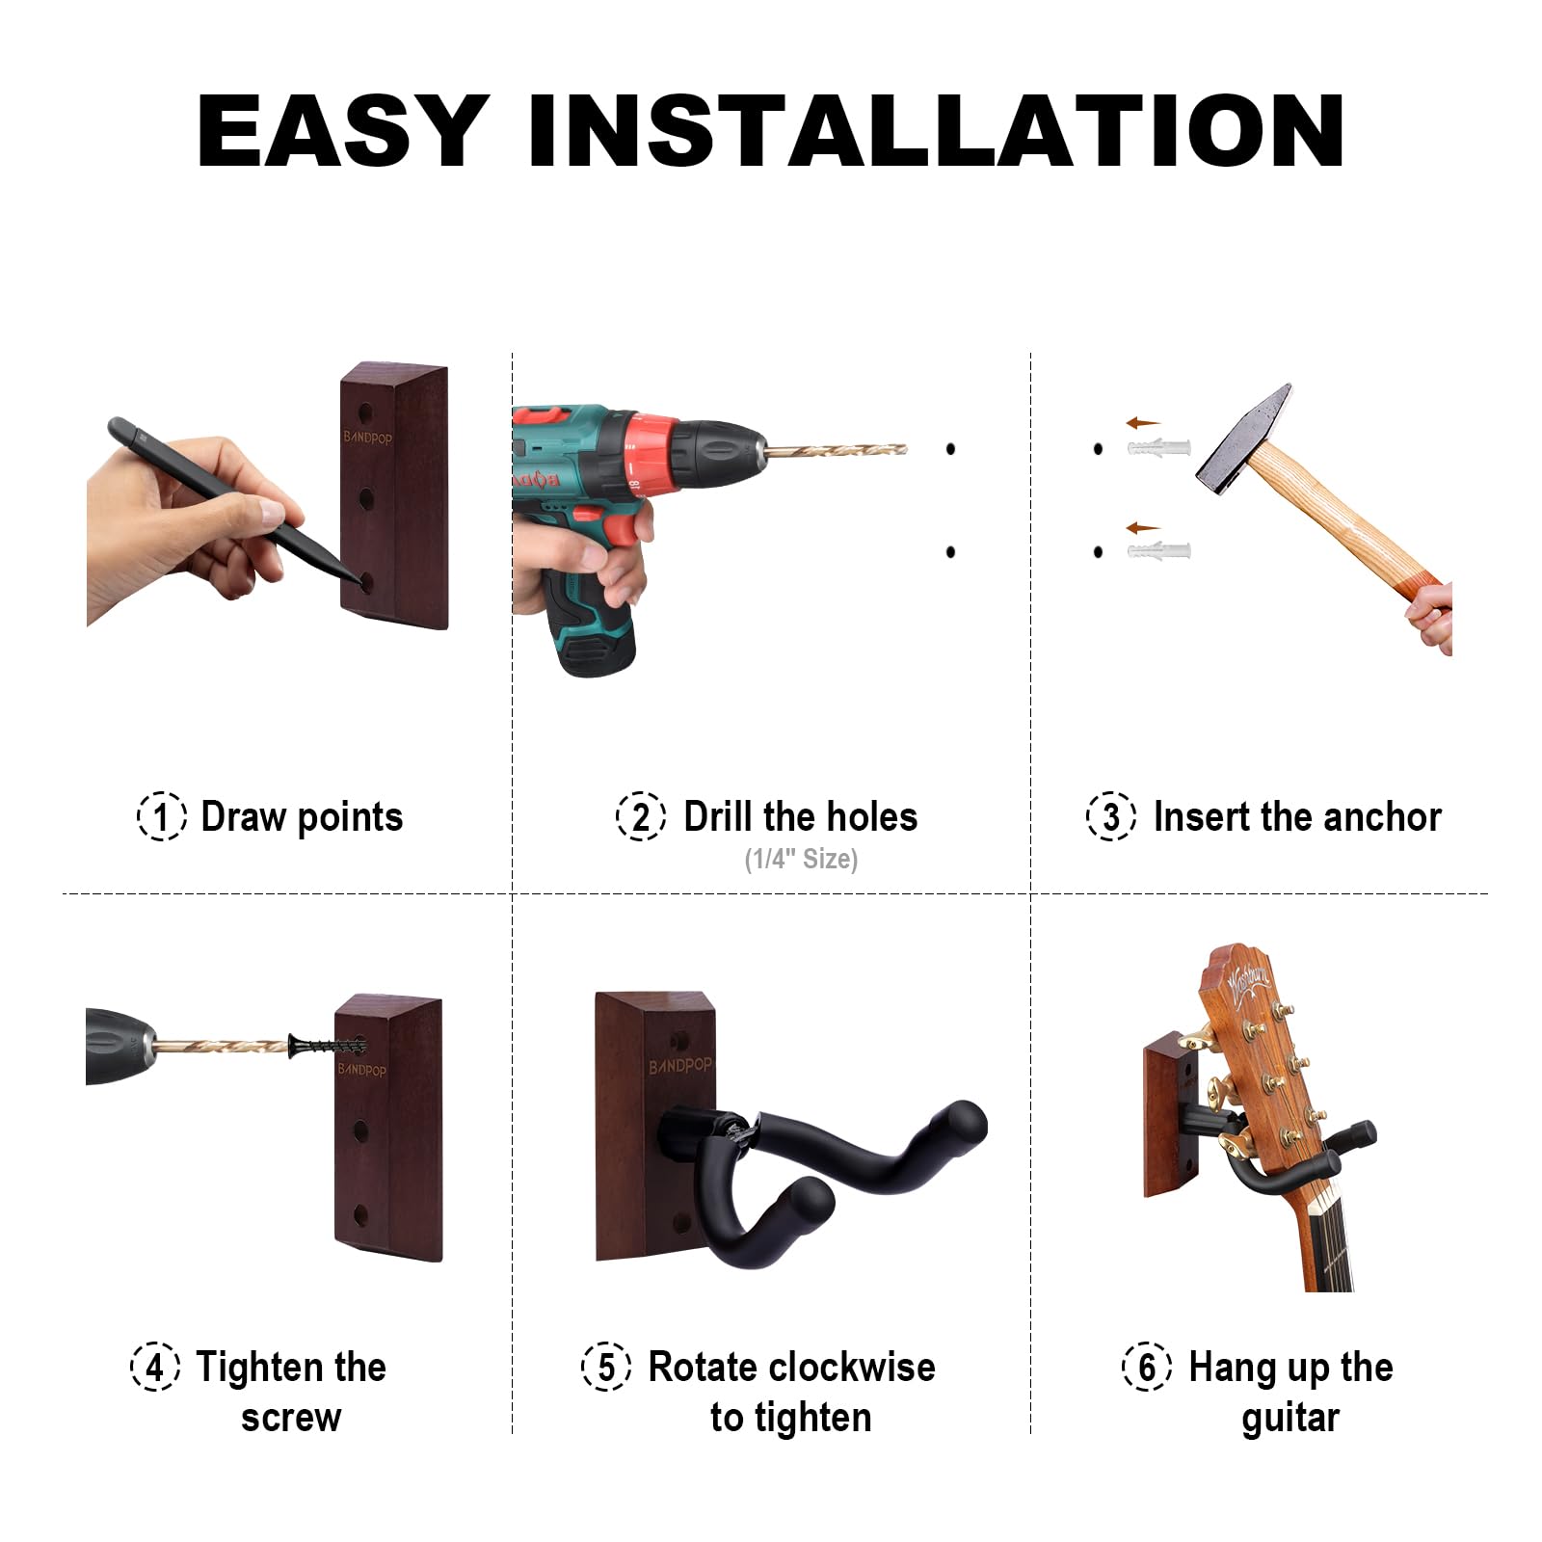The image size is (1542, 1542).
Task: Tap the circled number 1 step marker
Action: click(x=161, y=816)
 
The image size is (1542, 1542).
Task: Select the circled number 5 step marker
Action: click(x=606, y=1367)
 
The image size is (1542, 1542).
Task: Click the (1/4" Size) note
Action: click(x=801, y=859)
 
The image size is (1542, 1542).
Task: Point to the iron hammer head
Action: click(x=1244, y=435)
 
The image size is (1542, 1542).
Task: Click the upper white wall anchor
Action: click(x=1159, y=448)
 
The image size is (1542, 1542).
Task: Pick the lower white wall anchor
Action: click(x=1159, y=552)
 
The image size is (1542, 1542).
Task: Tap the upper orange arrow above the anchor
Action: click(x=1143, y=423)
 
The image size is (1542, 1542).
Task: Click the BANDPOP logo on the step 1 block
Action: click(x=367, y=438)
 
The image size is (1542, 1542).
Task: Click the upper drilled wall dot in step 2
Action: click(x=950, y=448)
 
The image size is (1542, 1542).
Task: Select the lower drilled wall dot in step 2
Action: click(x=950, y=552)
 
